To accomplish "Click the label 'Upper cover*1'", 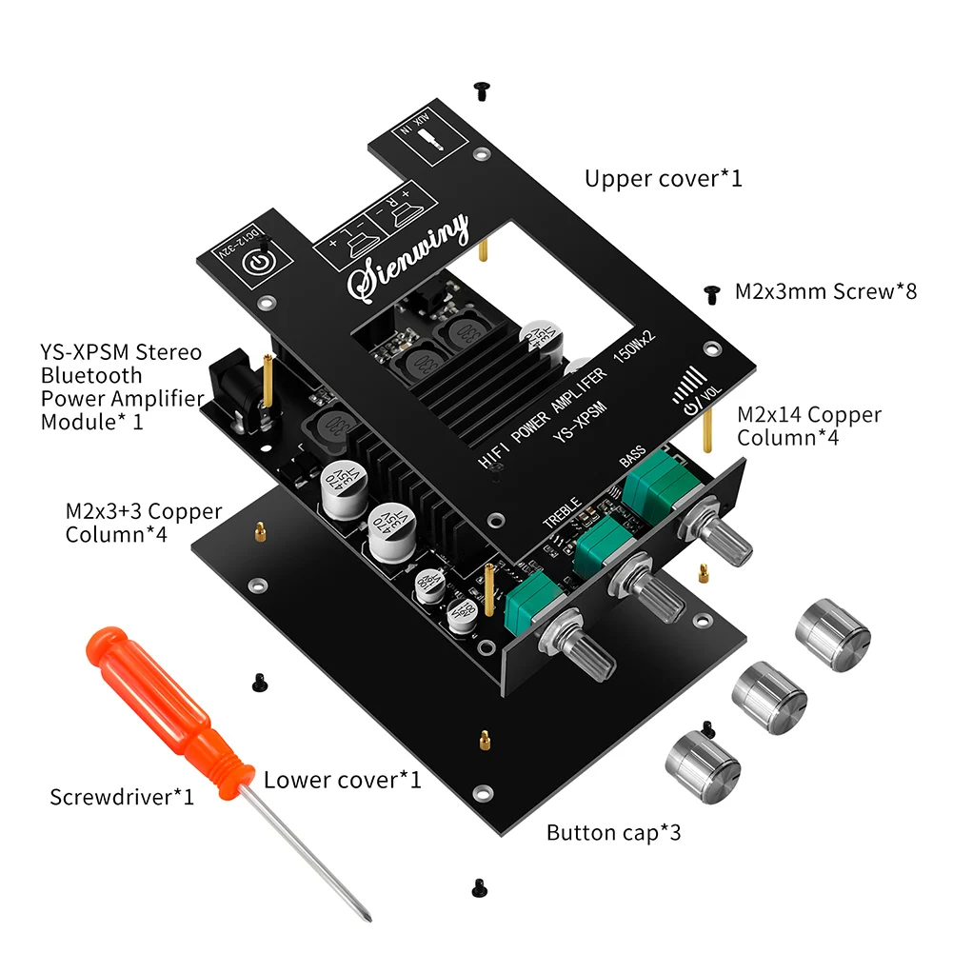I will tap(663, 178).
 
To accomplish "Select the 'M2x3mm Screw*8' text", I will tap(825, 291).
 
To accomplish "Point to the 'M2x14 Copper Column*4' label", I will tap(809, 427).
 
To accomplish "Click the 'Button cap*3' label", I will tap(613, 833).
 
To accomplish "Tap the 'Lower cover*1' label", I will tap(342, 780).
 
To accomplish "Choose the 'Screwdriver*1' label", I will tap(122, 796).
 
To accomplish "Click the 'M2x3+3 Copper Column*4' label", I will tap(144, 523).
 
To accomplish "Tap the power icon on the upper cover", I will tap(260, 266).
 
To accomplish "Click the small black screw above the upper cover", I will tap(482, 90).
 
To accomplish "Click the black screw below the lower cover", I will tap(478, 886).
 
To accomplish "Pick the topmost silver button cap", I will tap(832, 635).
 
